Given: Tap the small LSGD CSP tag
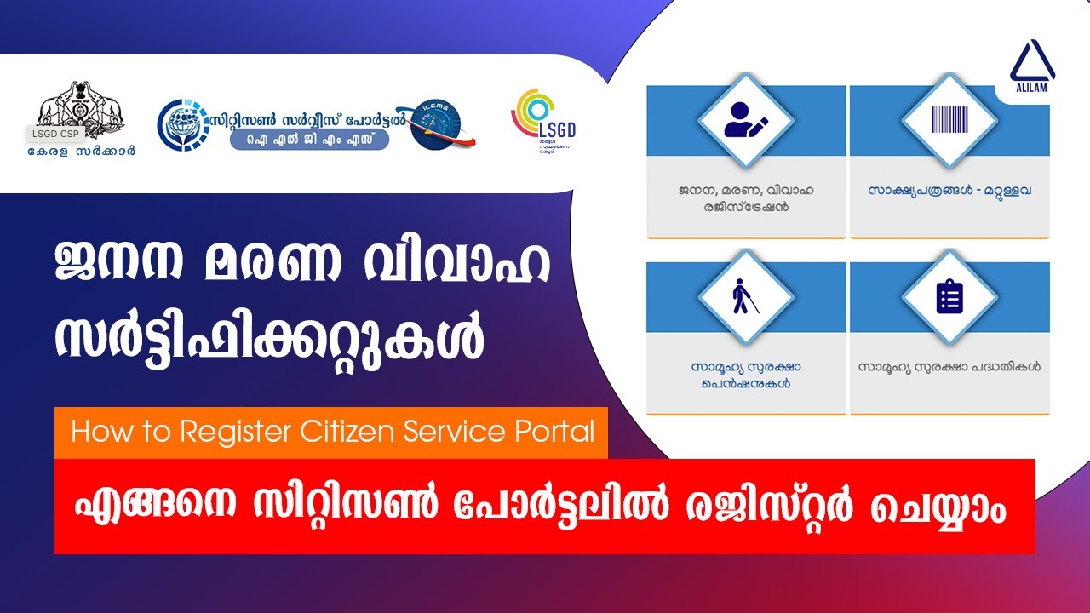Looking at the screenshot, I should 54,134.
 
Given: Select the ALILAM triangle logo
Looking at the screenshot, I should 1031,67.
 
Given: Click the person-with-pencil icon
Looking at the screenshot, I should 746,121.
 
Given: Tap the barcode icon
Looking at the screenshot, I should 949,121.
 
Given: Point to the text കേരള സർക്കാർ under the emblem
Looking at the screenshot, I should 82,152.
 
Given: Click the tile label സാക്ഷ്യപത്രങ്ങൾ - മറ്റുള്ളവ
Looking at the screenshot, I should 949,191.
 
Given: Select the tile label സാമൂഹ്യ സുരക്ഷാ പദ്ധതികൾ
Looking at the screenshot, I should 949,368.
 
